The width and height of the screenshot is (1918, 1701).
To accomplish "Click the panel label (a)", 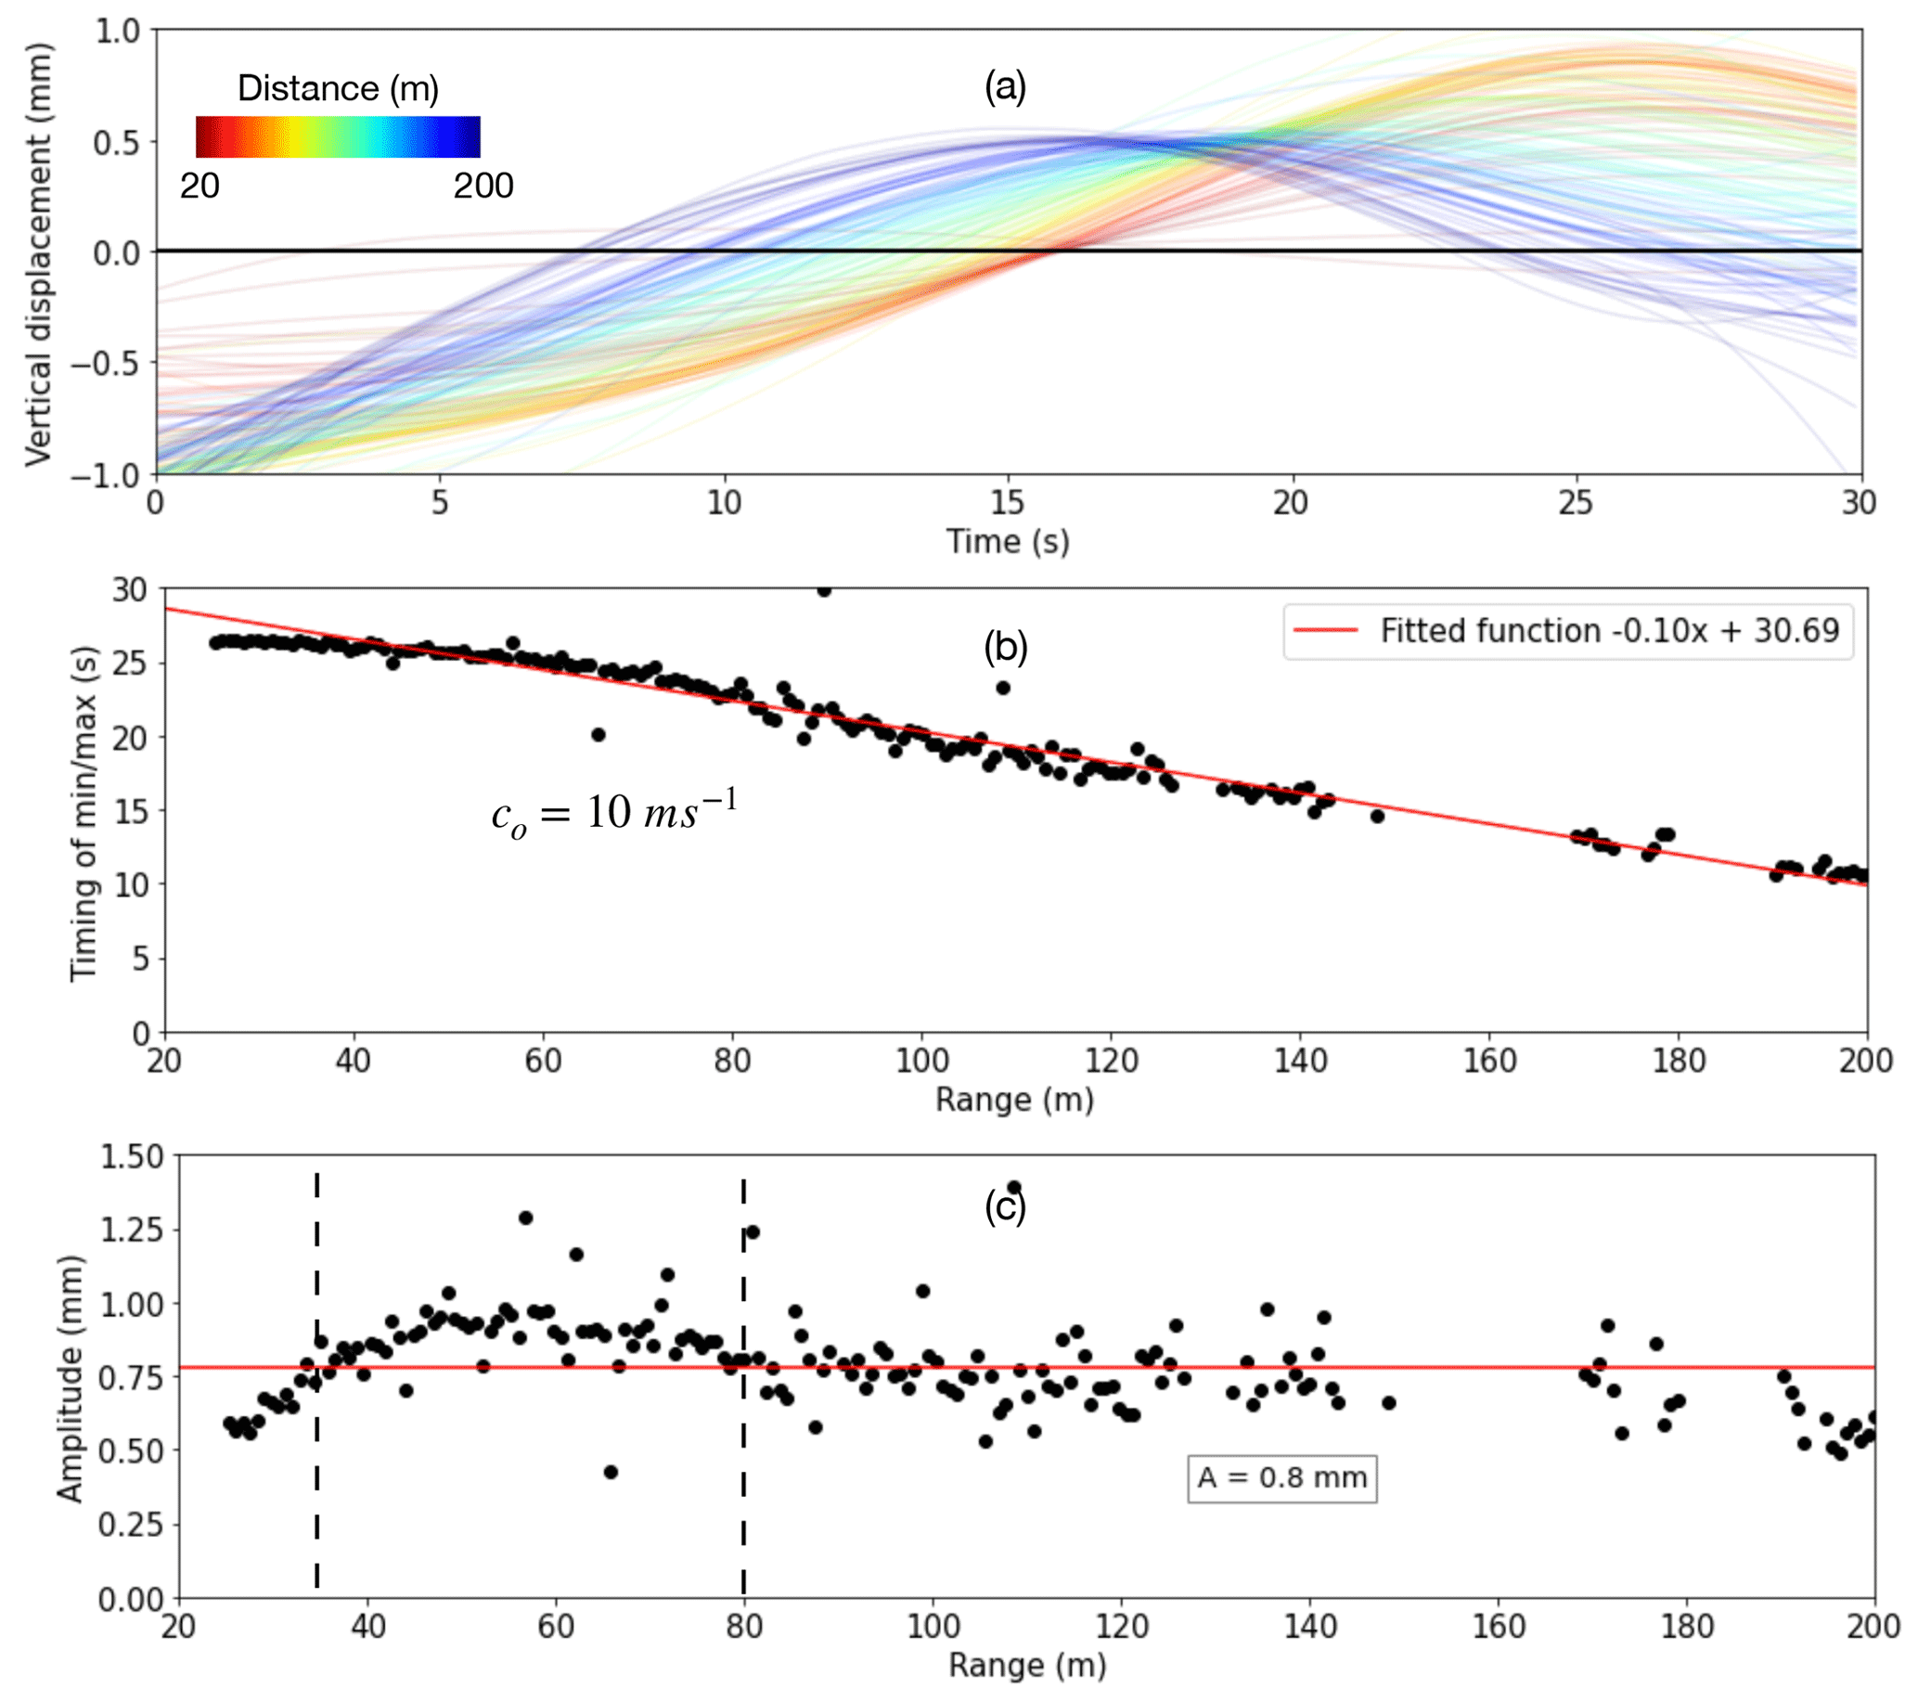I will pyautogui.click(x=1005, y=87).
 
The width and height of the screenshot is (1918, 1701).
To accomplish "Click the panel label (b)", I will pyautogui.click(x=1005, y=648).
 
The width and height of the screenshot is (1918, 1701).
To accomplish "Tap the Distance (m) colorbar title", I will pyautogui.click(x=338, y=88).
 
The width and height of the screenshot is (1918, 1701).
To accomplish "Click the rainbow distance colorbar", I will pyautogui.click(x=338, y=137).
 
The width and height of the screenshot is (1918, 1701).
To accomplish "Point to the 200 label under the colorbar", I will pyautogui.click(x=483, y=186).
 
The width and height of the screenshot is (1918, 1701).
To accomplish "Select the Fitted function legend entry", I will pyautogui.click(x=1567, y=630).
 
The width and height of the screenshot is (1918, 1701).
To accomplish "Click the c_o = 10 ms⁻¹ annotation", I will pyautogui.click(x=614, y=813).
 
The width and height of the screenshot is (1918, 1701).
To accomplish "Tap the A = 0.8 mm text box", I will pyautogui.click(x=1281, y=1477).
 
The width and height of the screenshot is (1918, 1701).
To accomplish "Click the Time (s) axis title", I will pyautogui.click(x=1007, y=541).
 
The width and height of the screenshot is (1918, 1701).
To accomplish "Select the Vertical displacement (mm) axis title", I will pyautogui.click(x=37, y=253).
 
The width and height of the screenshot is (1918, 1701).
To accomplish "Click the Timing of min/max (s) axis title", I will pyautogui.click(x=84, y=813).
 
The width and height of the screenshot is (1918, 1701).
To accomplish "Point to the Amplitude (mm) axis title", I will pyautogui.click(x=70, y=1378).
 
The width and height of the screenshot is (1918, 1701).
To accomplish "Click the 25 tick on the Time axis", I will pyautogui.click(x=1576, y=504).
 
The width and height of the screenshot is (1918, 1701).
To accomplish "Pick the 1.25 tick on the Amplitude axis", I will pyautogui.click(x=131, y=1230).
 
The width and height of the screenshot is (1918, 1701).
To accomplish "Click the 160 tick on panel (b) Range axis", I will pyautogui.click(x=1489, y=1061).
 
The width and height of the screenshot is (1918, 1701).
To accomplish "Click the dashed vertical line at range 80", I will pyautogui.click(x=743, y=1388).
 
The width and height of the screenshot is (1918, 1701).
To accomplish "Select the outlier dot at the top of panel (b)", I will pyautogui.click(x=824, y=590).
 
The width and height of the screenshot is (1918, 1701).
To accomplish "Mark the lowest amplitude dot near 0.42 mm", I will pyautogui.click(x=611, y=1472).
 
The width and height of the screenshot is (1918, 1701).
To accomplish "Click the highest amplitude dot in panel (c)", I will pyautogui.click(x=1013, y=1188).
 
